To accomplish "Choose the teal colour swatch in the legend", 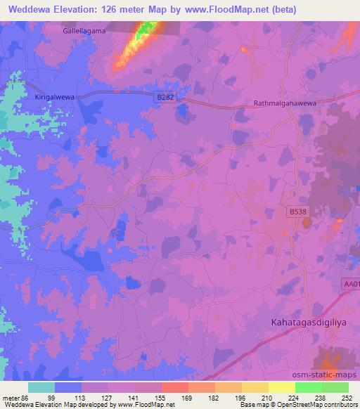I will coord(41,387).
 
